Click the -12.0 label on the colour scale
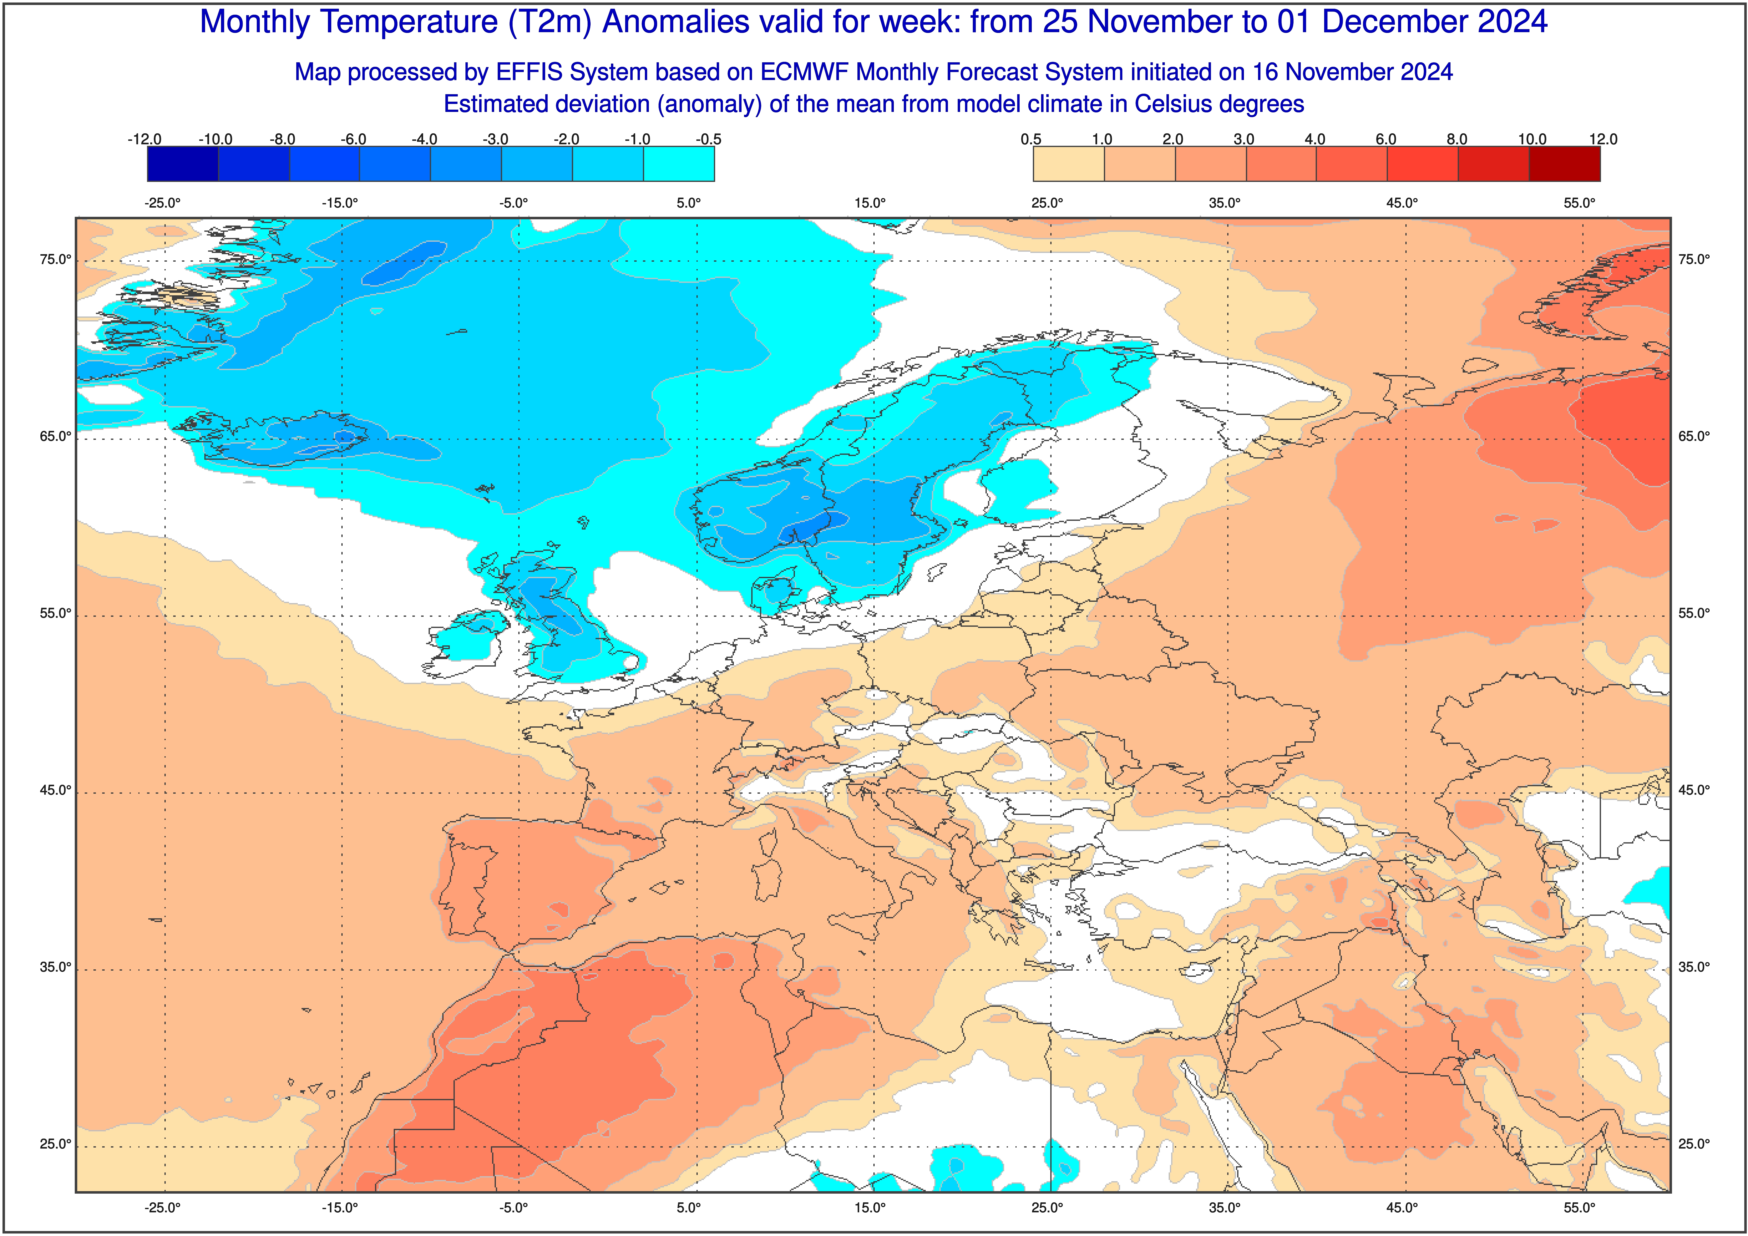[x=145, y=139]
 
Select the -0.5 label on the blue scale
[x=708, y=139]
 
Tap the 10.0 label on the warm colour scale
[x=1532, y=139]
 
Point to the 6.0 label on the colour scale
[x=1386, y=139]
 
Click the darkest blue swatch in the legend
[x=183, y=164]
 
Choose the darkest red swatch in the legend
[x=1565, y=164]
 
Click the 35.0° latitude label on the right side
[x=1694, y=967]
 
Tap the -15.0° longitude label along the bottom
[x=340, y=1208]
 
